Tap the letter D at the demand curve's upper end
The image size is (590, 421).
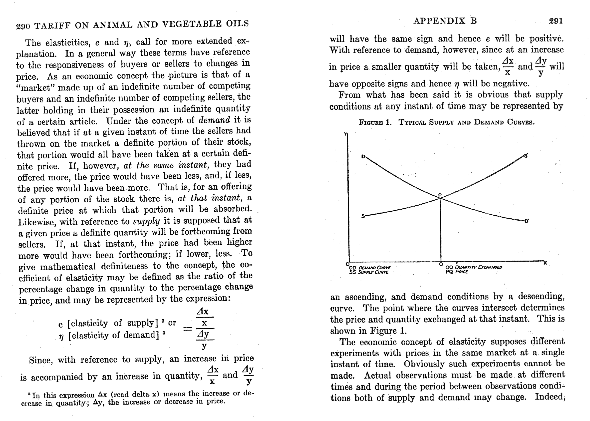click(363, 156)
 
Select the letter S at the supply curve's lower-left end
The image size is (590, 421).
click(363, 216)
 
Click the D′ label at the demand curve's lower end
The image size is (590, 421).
click(527, 221)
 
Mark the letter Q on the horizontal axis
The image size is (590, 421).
click(441, 265)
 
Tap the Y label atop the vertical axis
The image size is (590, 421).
click(346, 134)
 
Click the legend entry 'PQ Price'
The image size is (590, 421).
click(457, 272)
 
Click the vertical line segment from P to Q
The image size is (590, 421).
click(441, 231)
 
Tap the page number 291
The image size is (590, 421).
click(556, 21)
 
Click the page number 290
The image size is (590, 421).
click(23, 26)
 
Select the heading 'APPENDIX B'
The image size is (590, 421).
click(445, 21)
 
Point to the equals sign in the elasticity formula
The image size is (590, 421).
click(188, 329)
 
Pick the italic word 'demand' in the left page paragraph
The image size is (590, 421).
click(214, 120)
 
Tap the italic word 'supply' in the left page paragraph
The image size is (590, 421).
click(146, 221)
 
